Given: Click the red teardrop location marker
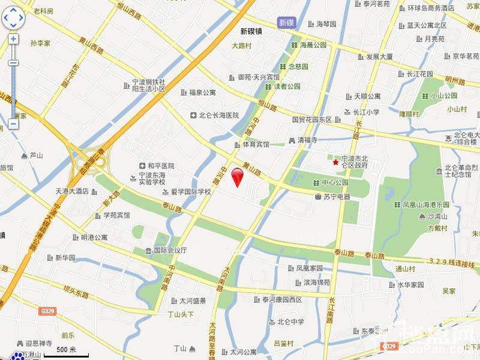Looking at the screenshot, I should pos(238,177).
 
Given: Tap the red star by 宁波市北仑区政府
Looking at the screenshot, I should pos(335,162).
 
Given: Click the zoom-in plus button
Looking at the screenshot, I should pos(13,39).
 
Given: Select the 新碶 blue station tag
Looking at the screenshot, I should pos(287,23).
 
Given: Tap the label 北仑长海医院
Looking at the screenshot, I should pos(214,115).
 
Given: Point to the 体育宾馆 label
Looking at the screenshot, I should pos(251,144).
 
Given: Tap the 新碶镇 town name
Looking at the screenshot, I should pos(251,31).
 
